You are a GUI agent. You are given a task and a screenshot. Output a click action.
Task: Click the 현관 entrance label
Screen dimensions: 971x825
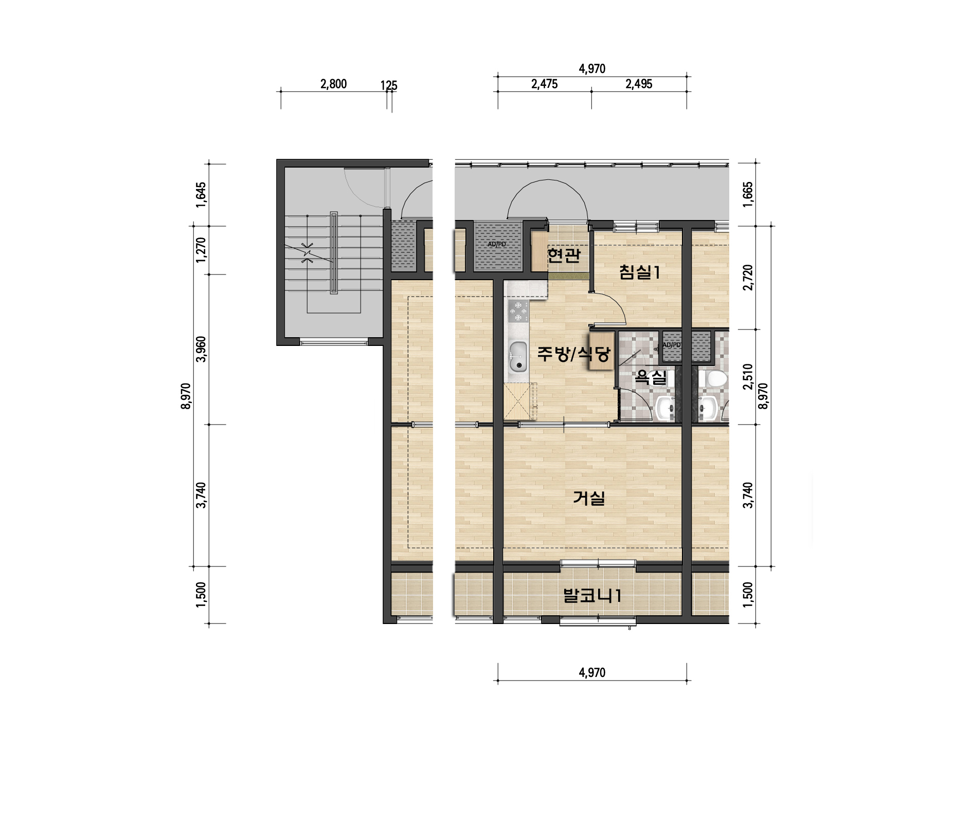564,255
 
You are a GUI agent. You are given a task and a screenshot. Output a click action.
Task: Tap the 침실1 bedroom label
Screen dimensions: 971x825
639,272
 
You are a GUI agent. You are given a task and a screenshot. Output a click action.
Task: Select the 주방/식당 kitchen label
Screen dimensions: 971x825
573,354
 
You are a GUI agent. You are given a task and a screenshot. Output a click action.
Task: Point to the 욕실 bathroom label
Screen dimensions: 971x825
651,378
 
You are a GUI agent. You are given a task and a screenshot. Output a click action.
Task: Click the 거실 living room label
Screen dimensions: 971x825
589,498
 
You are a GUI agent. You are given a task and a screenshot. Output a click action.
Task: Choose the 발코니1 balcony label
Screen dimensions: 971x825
592,596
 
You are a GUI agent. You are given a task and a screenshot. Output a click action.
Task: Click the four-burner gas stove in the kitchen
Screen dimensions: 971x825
518,311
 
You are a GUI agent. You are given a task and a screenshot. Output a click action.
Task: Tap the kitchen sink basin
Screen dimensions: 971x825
518,357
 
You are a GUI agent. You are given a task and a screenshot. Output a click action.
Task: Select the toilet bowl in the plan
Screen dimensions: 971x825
715,378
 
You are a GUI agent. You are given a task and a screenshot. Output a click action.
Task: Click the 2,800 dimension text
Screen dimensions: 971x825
333,84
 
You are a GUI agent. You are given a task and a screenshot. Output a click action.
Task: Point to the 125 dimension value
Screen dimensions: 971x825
389,86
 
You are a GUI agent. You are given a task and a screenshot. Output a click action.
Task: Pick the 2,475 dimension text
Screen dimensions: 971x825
544,84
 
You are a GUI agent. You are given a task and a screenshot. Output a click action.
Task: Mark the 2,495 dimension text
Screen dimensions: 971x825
639,84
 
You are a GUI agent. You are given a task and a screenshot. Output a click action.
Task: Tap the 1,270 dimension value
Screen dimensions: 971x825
201,250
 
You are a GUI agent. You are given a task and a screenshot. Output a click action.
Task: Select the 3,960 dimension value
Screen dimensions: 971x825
201,349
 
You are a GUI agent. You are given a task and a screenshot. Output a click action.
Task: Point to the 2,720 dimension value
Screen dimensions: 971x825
748,278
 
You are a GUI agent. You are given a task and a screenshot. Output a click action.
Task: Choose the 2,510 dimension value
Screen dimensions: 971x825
748,377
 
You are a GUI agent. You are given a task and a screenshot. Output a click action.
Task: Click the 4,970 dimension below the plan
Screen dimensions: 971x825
592,673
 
